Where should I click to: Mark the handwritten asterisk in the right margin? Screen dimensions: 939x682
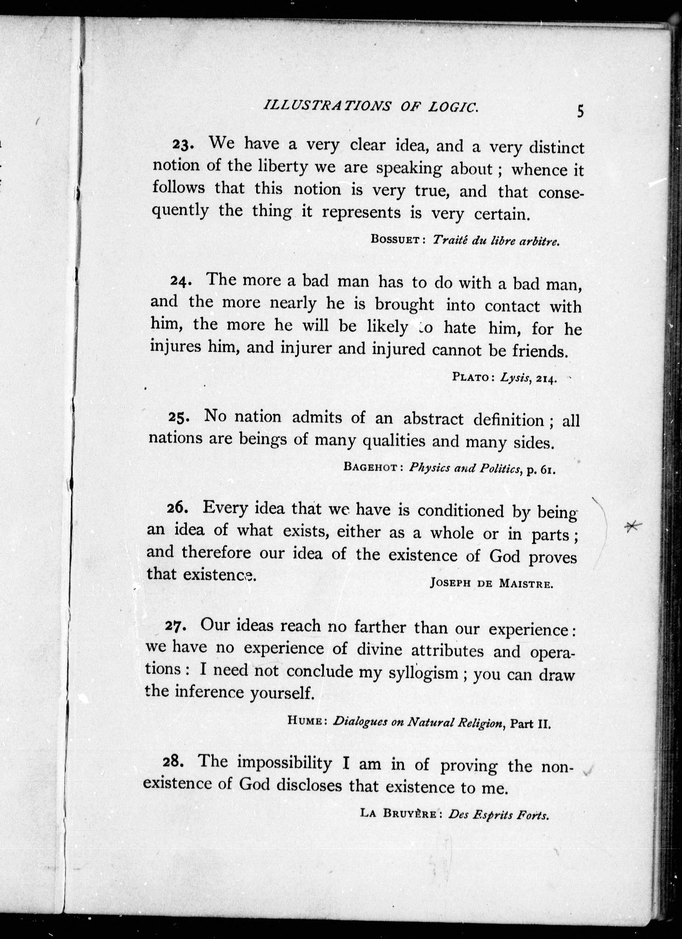633,526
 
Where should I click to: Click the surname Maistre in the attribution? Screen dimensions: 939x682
526,584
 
